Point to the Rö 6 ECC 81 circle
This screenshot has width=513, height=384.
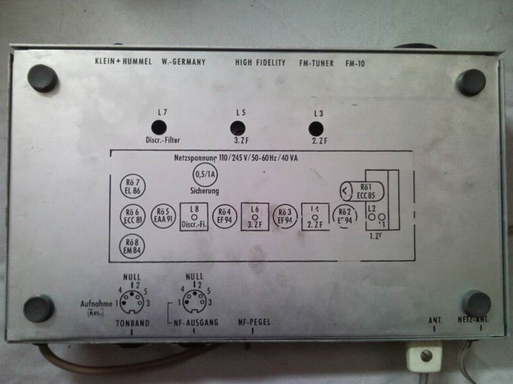coord(133,216)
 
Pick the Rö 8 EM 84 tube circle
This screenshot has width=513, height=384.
coord(133,246)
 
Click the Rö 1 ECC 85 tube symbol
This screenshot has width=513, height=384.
coord(362,190)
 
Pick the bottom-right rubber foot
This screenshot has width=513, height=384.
coord(476,303)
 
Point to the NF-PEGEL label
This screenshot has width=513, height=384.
coord(253,323)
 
